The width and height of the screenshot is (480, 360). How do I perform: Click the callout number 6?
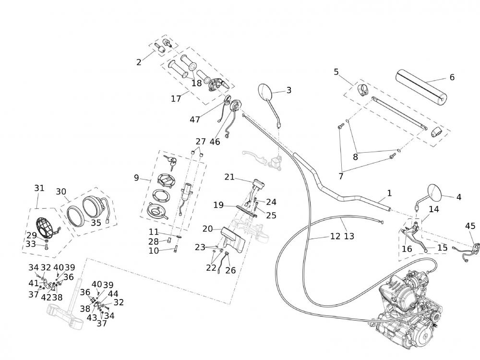pos(452,77)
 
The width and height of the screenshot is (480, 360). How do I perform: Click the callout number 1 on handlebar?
pos(389,193)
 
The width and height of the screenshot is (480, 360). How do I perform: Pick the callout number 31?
pos(39,188)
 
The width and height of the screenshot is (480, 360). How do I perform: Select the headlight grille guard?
pos(46,229)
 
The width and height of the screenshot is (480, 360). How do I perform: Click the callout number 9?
pos(136,178)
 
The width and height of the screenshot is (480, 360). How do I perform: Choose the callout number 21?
pos(229,177)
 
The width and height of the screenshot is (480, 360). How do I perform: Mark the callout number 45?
pos(470,226)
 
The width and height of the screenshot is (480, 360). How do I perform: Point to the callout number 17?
pos(176,98)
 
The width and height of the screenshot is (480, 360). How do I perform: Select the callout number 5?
pos(336,72)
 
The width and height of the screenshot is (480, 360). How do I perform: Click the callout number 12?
pos(335,236)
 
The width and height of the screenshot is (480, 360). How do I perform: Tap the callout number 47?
pos(195,120)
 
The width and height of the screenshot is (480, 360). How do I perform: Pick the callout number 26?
pos(230,270)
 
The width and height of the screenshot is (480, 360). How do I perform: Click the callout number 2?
pos(139,62)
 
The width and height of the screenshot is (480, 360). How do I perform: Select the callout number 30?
pos(61,192)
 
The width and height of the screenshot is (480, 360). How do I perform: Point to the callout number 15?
pos(443,248)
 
